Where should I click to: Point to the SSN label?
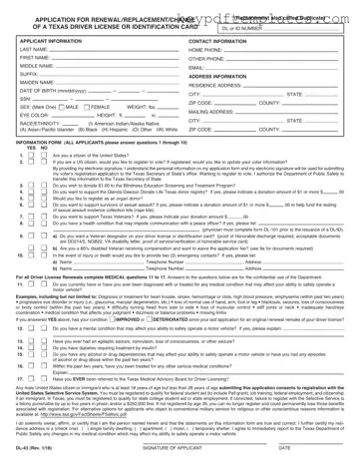pos(22,133)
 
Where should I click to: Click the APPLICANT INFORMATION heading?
pos(51,47)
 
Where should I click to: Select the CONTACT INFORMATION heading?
pos(222,47)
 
